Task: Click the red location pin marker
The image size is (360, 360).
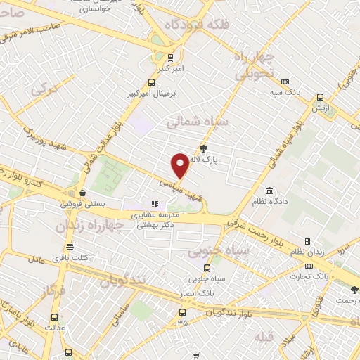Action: tap(180, 166)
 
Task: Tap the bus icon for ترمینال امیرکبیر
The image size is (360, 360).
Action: tap(153, 82)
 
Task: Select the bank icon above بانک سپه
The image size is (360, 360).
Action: tap(285, 82)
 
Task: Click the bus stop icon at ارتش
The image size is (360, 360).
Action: tap(320, 98)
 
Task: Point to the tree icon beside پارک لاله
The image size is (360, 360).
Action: tap(204, 148)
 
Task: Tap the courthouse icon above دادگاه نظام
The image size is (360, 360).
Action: tap(270, 191)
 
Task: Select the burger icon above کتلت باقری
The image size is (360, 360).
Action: tap(70, 247)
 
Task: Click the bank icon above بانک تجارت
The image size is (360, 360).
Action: tap(309, 266)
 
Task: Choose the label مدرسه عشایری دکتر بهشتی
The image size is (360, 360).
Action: tap(156, 219)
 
